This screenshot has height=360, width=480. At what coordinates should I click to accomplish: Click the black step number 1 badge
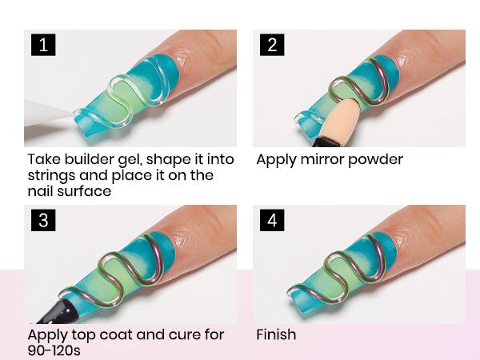point(43,45)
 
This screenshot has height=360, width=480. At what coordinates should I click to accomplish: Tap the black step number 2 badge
point(272,45)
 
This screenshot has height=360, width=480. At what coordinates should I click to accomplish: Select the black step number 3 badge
point(43,220)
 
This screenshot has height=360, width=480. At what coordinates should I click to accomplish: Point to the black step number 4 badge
point(272,220)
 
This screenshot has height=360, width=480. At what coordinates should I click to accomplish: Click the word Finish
point(276,334)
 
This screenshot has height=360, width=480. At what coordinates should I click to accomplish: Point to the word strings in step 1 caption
point(51,176)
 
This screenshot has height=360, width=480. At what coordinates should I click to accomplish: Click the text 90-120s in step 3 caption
point(54,350)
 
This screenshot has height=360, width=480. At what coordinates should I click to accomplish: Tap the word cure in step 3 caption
point(182,335)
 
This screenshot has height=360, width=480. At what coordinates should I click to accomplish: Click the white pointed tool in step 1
point(49,114)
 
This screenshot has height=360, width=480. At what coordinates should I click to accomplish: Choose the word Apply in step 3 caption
point(48,336)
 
